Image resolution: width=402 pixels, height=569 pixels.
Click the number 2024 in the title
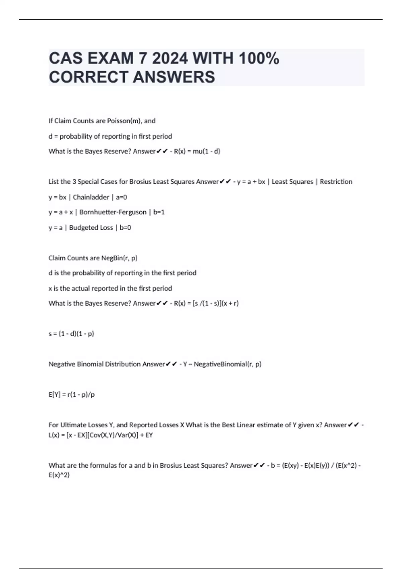click(x=170, y=59)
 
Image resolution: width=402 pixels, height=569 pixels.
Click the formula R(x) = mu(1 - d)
click(x=197, y=151)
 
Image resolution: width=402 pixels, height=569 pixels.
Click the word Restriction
click(x=336, y=182)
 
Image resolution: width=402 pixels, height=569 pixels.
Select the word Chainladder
click(x=91, y=197)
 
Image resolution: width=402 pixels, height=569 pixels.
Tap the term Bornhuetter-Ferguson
click(x=113, y=212)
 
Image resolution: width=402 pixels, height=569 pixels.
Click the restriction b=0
click(x=125, y=228)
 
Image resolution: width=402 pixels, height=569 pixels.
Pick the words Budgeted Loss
click(x=91, y=228)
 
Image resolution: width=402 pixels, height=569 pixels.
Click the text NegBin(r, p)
click(x=119, y=258)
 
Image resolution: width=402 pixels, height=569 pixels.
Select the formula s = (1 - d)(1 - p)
click(x=71, y=334)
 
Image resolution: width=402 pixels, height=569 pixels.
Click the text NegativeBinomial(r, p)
click(x=227, y=364)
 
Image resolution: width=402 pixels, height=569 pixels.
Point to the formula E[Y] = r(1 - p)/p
click(x=72, y=395)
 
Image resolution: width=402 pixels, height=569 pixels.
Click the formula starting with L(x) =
click(x=100, y=435)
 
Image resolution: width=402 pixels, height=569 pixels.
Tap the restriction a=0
click(x=121, y=197)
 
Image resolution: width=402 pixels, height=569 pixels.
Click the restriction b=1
click(x=159, y=212)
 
